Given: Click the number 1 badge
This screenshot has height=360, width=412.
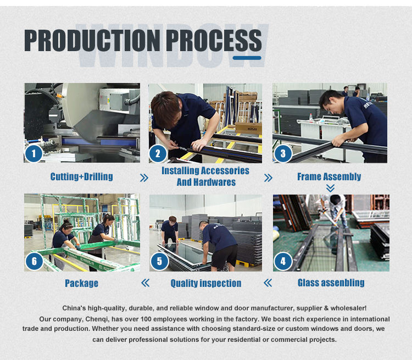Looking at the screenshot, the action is [x=34, y=153].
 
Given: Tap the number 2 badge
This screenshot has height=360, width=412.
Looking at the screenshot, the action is [x=158, y=153].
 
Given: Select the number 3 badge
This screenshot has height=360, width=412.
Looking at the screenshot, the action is [x=283, y=153].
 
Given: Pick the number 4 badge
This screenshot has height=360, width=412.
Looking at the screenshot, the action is [x=283, y=262].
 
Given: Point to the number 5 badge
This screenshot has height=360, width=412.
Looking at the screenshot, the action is [x=159, y=262].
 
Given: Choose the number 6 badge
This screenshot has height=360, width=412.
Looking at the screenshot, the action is [x=35, y=262].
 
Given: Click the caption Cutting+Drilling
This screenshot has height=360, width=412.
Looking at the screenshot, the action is [x=82, y=177].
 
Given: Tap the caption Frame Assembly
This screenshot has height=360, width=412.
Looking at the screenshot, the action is [x=329, y=177].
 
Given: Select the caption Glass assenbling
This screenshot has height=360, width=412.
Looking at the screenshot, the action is [x=331, y=283].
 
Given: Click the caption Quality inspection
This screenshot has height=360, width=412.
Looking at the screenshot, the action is [x=206, y=283].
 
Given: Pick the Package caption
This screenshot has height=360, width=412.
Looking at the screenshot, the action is [x=82, y=283].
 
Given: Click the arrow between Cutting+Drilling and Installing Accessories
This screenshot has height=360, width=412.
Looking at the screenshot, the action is [x=144, y=178].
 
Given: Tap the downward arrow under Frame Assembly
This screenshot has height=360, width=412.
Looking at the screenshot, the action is [x=330, y=188].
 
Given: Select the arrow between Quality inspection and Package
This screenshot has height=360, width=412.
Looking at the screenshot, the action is [x=146, y=283].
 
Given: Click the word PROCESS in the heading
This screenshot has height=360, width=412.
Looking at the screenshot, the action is [x=214, y=40].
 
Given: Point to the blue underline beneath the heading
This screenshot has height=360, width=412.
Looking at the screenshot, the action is [x=247, y=58].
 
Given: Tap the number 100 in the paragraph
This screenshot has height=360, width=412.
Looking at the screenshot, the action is [x=146, y=319].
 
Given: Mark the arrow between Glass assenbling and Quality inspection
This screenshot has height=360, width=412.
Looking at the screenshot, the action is [x=268, y=283].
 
